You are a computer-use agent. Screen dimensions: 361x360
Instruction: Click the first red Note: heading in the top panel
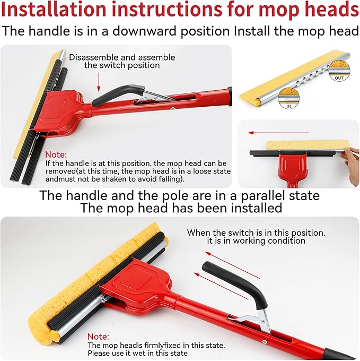pyautogui.click(x=56, y=154)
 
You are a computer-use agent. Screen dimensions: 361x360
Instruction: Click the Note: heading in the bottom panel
pyautogui.click(x=98, y=336)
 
